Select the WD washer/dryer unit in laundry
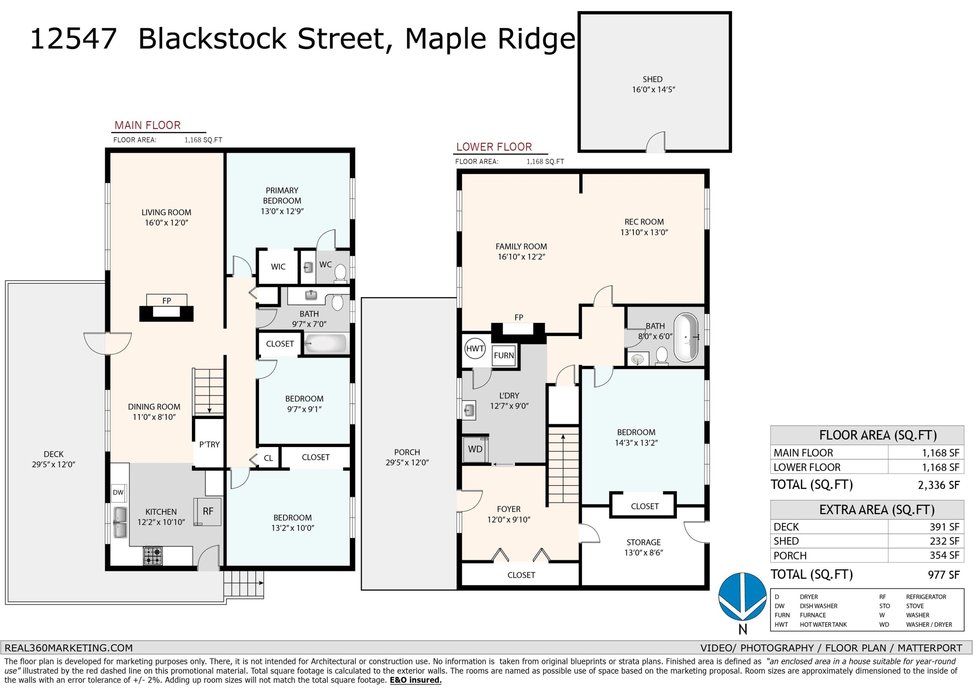click(475, 449)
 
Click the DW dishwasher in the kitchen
click(118, 493)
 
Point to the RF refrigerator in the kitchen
click(208, 512)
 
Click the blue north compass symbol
click(742, 597)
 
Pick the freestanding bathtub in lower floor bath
click(686, 337)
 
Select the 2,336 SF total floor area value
click(938, 485)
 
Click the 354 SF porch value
click(944, 555)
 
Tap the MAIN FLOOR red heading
click(148, 126)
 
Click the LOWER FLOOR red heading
click(494, 147)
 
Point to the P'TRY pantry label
click(209, 444)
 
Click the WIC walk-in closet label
click(278, 267)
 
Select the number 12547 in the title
click(73, 39)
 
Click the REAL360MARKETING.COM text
click(69, 648)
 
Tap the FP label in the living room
click(167, 301)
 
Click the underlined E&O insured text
click(415, 680)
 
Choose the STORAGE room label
click(643, 542)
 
